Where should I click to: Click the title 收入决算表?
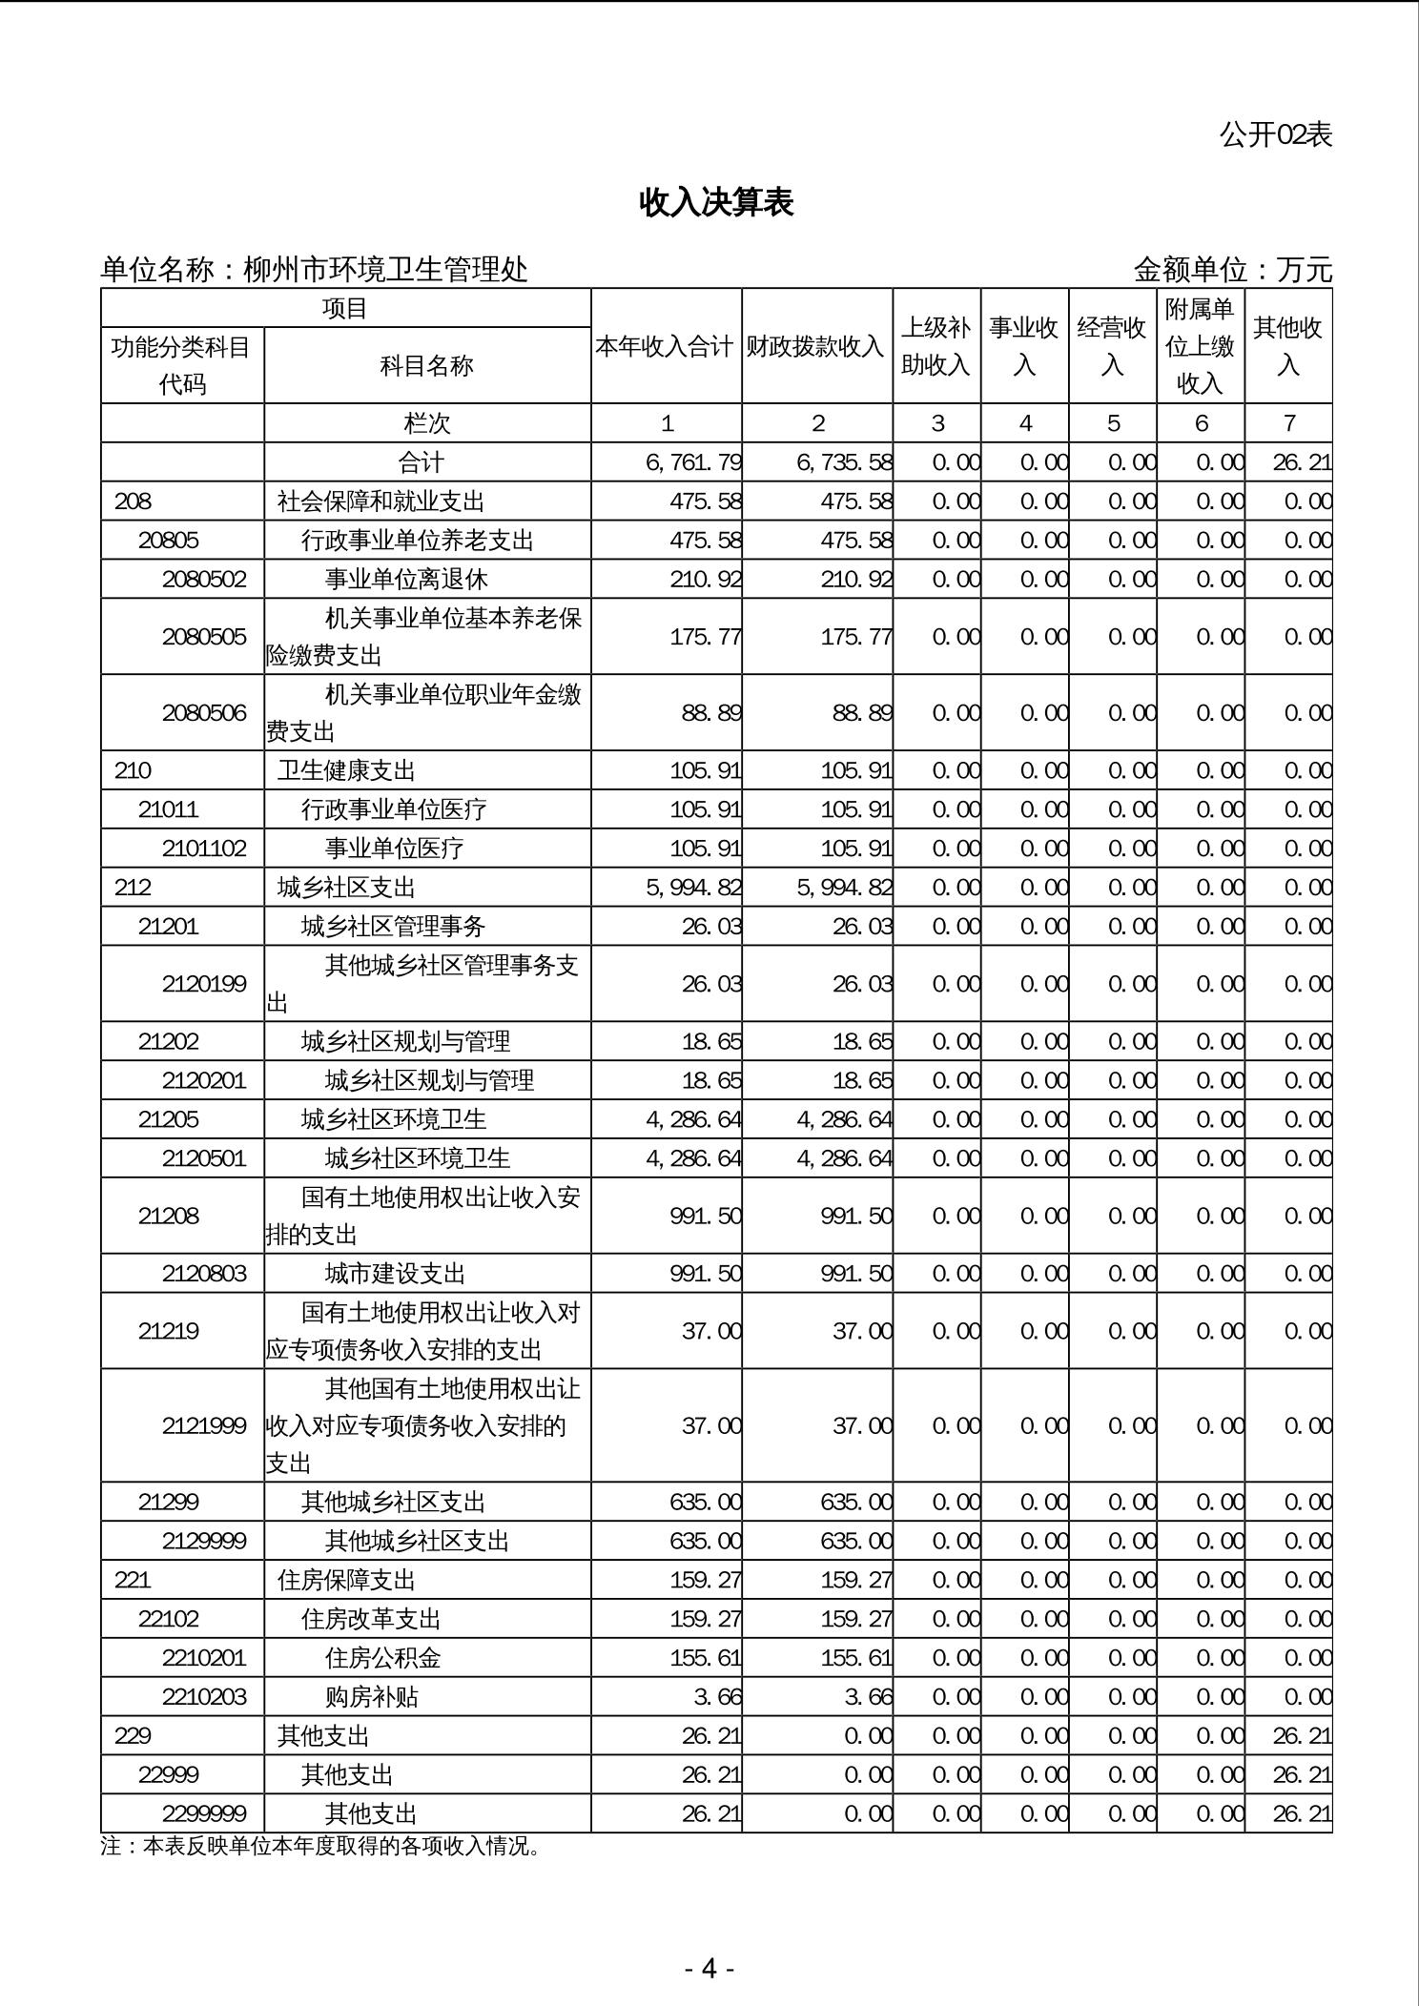[x=716, y=203]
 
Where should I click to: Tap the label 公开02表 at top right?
[x=1275, y=135]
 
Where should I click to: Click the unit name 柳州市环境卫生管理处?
[x=385, y=271]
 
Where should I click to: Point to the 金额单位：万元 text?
[x=1232, y=271]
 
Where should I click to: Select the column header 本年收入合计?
[x=666, y=347]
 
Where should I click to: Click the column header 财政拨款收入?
[x=816, y=347]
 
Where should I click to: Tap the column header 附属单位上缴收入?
[x=1200, y=347]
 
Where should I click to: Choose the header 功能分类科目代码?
[x=182, y=366]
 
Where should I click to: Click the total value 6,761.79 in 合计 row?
[x=693, y=463]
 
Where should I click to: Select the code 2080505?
[x=204, y=637]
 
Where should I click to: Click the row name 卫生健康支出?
[x=346, y=770]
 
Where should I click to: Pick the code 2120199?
[x=204, y=984]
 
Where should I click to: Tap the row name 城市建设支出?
[x=395, y=1274]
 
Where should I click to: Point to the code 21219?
[x=169, y=1331]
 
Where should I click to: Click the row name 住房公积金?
[x=382, y=1658]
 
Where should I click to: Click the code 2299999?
[x=204, y=1813]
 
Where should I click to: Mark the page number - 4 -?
[x=709, y=1968]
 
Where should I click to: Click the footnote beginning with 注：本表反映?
[x=321, y=1847]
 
